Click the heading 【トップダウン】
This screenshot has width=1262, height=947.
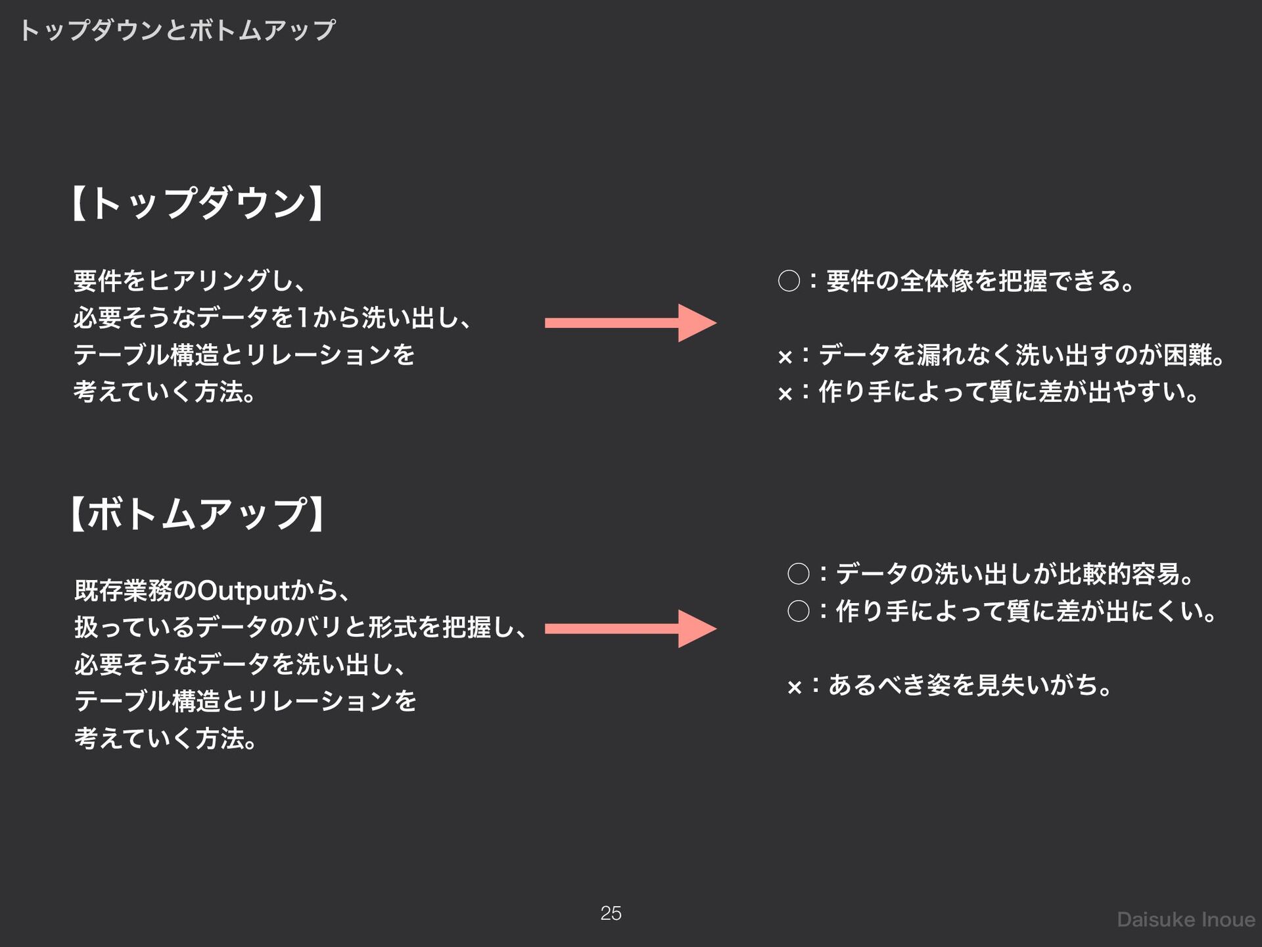(x=197, y=203)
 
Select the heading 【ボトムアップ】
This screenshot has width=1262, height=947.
(x=197, y=514)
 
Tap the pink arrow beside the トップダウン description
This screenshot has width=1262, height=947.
(x=630, y=322)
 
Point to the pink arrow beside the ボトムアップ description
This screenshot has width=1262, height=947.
(x=630, y=629)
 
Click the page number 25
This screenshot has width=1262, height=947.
(x=611, y=913)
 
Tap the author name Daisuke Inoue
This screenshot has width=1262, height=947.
(x=1186, y=919)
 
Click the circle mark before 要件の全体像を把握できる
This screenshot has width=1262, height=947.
(x=789, y=281)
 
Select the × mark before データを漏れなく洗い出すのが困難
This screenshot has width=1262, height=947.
(x=785, y=358)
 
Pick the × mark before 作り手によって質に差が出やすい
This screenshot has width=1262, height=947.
(x=785, y=395)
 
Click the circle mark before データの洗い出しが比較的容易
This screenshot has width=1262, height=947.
(x=798, y=574)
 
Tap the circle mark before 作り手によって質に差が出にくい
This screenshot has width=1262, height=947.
(x=798, y=612)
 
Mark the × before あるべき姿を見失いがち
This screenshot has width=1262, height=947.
(x=794, y=688)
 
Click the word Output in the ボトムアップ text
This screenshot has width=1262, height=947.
(x=244, y=591)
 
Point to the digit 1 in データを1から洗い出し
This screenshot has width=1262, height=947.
(x=302, y=318)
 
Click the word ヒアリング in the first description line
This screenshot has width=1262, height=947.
(x=208, y=281)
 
